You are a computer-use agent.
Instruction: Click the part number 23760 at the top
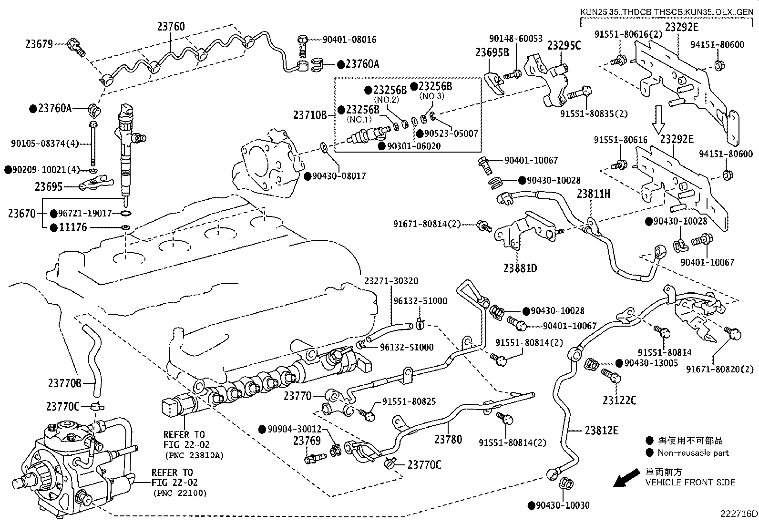click(171, 26)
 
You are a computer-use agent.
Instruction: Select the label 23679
click(39, 44)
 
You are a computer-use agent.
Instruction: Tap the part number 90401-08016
click(349, 39)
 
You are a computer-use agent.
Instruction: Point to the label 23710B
click(310, 115)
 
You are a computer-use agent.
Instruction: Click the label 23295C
click(564, 45)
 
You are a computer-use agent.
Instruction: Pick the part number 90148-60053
click(516, 38)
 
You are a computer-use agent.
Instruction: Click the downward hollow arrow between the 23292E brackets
click(659, 119)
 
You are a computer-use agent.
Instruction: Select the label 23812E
click(602, 431)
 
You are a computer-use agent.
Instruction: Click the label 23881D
click(520, 268)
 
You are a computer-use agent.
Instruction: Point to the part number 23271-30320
click(391, 281)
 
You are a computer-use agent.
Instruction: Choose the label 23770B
click(64, 383)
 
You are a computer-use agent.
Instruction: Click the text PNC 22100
click(180, 493)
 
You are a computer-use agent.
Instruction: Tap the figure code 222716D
click(738, 514)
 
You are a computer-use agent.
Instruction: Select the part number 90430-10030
click(563, 505)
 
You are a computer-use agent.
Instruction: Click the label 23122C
click(619, 401)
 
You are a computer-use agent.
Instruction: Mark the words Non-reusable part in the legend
click(693, 452)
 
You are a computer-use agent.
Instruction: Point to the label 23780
click(448, 439)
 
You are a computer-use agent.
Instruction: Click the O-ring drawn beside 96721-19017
click(126, 213)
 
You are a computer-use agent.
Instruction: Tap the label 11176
click(73, 227)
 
